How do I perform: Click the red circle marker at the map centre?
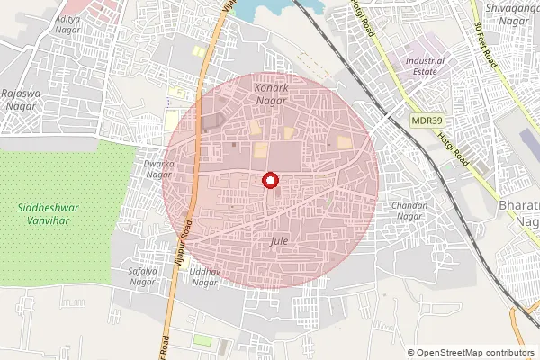[269, 181]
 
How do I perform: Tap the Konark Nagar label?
[271, 95]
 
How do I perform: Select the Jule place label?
[278, 242]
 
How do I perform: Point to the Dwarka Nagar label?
[158, 169]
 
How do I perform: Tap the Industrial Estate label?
[426, 66]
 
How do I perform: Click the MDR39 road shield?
[426, 120]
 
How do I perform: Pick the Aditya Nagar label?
[67, 23]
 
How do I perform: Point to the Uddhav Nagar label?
[204, 276]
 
